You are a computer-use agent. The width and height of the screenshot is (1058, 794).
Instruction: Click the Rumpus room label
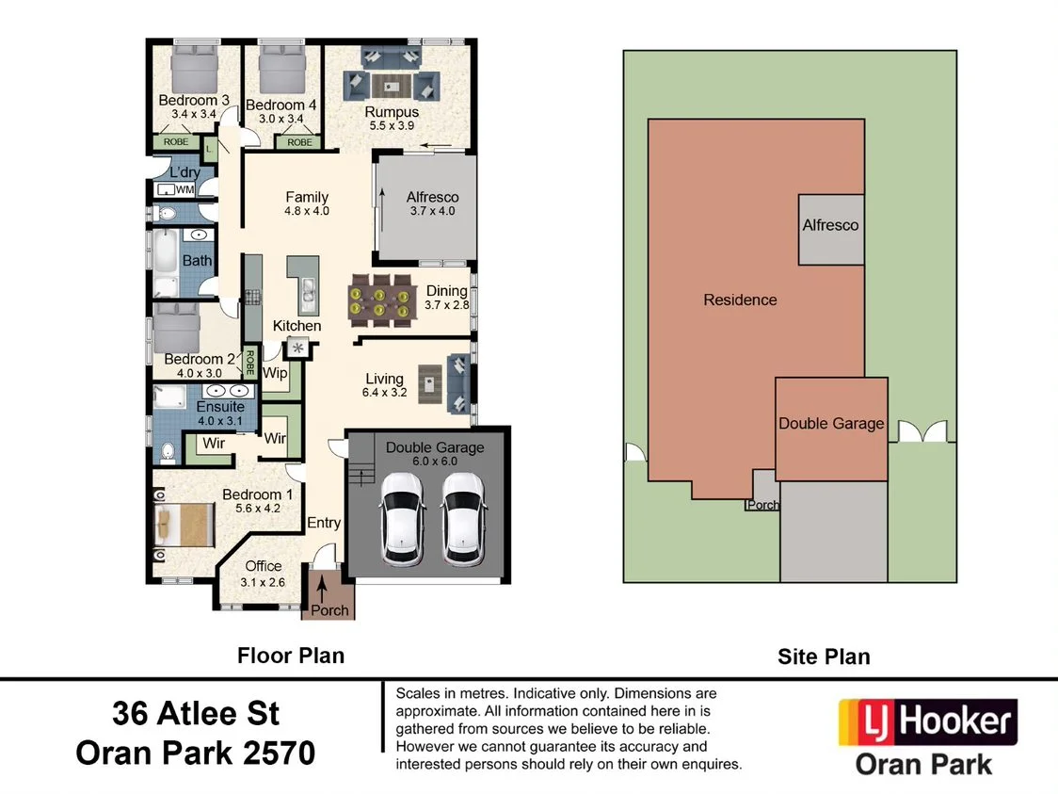coord(392,112)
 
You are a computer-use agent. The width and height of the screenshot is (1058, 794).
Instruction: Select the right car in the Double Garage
coord(464,517)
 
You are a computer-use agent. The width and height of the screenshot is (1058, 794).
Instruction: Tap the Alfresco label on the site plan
coord(830,225)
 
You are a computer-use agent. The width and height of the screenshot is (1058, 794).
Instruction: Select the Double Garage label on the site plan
coord(831,423)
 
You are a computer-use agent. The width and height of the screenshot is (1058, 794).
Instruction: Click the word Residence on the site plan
coord(740,300)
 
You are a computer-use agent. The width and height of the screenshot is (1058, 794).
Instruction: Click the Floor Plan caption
coord(291,655)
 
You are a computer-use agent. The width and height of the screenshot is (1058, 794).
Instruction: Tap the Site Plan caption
coord(824,656)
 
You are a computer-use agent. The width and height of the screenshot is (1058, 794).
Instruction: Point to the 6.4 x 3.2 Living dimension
coord(385,393)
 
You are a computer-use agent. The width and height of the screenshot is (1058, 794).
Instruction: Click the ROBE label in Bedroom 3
coord(176,142)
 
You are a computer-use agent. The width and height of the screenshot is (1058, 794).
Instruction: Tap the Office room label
coord(263,566)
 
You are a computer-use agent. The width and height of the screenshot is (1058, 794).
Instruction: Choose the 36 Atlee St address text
coord(196,713)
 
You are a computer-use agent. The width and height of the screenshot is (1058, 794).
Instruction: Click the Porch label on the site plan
coord(762,505)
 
